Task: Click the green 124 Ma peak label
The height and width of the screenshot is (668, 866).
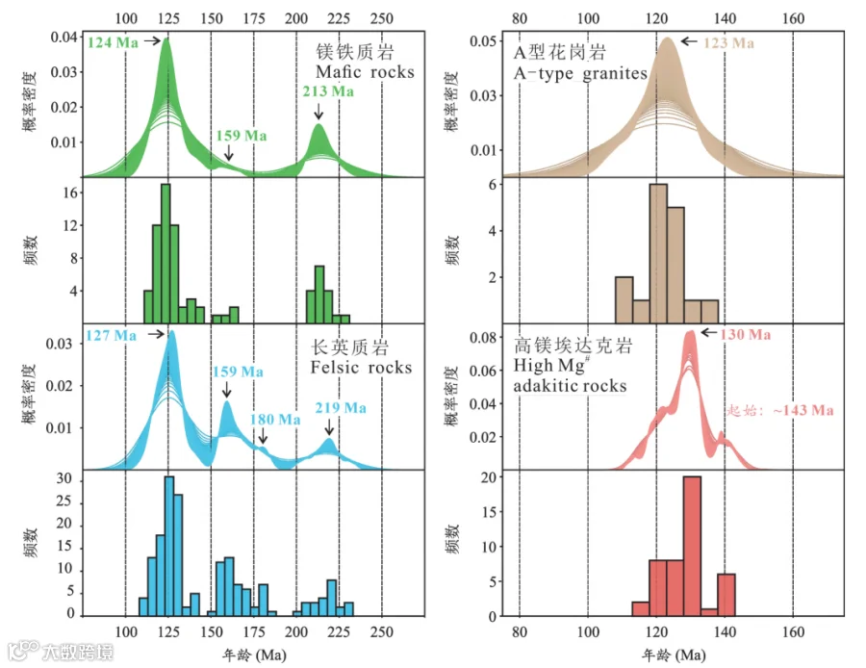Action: pyautogui.click(x=113, y=42)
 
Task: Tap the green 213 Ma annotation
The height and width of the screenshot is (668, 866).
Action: pyautogui.click(x=328, y=91)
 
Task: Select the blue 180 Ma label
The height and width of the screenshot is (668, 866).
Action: pyautogui.click(x=275, y=420)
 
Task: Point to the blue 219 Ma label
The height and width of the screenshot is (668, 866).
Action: pyautogui.click(x=341, y=408)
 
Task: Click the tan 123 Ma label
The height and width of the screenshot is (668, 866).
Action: pyautogui.click(x=728, y=42)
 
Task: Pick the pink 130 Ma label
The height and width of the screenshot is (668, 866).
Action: pyautogui.click(x=745, y=334)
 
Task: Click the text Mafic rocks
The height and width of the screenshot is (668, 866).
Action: pyautogui.click(x=365, y=72)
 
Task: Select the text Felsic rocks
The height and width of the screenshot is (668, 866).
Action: pyautogui.click(x=361, y=368)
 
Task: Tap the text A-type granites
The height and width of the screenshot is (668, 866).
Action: pyautogui.click(x=580, y=73)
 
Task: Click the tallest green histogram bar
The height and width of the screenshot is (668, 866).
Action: pyautogui.click(x=166, y=253)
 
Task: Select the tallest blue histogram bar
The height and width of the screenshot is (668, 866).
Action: pyautogui.click(x=169, y=546)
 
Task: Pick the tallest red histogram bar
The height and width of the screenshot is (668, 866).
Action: pyautogui.click(x=692, y=546)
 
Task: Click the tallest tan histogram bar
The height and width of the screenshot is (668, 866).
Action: pyautogui.click(x=658, y=253)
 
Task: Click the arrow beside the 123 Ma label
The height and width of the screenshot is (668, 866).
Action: pyautogui.click(x=689, y=40)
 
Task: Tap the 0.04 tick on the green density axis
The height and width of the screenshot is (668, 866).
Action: pyautogui.click(x=64, y=37)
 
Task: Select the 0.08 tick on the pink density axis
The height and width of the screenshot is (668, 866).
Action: pyautogui.click(x=483, y=337)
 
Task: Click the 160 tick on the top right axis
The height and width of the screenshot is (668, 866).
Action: pyautogui.click(x=793, y=19)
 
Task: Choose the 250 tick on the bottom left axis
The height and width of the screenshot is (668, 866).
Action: pyautogui.click(x=382, y=631)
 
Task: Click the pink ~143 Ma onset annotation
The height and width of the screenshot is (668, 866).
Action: pyautogui.click(x=779, y=410)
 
